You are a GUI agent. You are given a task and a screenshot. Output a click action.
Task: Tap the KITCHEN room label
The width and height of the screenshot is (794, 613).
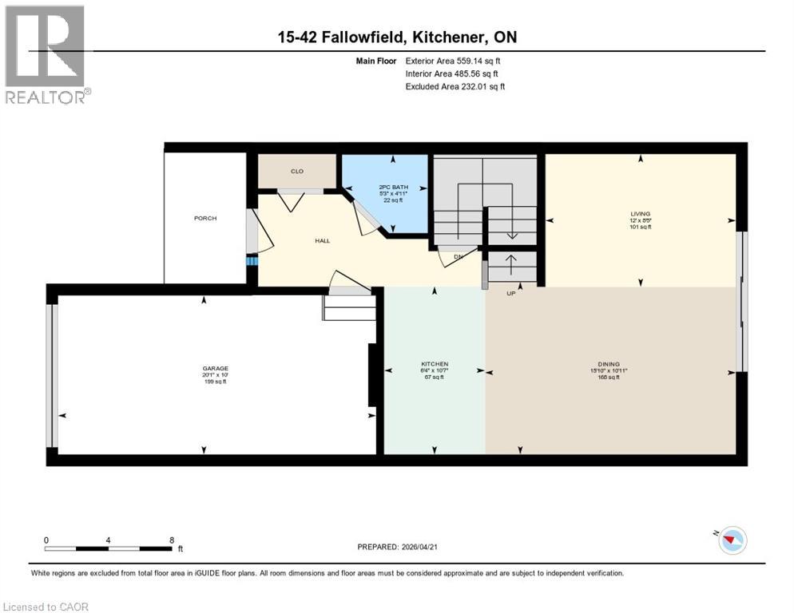coord(435,364)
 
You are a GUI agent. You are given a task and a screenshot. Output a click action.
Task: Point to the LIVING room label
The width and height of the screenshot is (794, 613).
coord(640,214)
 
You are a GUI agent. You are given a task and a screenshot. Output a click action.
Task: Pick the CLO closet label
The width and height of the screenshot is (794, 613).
coord(296,171)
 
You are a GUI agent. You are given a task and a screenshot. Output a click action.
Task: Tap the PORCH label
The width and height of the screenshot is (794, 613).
coord(204,218)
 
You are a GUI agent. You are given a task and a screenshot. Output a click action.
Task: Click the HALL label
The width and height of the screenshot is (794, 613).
coord(322,240)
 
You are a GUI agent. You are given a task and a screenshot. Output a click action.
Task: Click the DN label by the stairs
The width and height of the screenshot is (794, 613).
coord(459,257)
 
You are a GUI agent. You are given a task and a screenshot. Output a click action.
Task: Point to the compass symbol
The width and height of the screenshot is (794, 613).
coord(731,540)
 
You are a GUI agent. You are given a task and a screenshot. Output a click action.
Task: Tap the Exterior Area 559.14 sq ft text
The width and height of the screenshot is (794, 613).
coord(453,61)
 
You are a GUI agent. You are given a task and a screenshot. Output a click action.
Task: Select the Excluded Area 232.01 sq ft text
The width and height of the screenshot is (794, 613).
coord(455,86)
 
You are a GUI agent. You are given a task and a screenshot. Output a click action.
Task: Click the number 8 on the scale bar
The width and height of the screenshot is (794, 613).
coord(172,540)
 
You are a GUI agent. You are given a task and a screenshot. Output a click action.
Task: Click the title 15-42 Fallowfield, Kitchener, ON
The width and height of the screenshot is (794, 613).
coord(396,38)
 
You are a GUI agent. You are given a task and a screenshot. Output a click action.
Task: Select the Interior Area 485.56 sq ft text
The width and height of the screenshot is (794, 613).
coord(454,73)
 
